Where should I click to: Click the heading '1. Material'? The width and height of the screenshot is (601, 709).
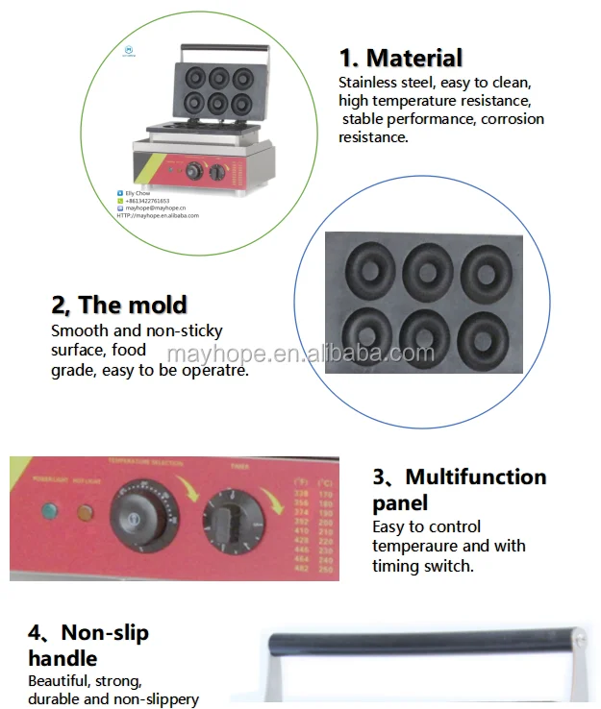click(400, 58)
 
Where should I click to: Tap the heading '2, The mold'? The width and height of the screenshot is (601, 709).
click(118, 306)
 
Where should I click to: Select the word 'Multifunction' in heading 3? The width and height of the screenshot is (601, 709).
click(475, 477)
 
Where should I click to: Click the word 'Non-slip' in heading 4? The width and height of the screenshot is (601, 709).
click(105, 633)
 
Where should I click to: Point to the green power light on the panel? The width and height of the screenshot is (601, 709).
click(45, 511)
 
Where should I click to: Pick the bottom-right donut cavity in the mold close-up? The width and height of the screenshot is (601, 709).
click(484, 332)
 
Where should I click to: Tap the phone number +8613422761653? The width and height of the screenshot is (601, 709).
click(154, 200)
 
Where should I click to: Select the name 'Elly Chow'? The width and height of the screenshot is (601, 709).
click(138, 193)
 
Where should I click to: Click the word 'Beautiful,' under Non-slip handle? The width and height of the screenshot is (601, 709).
click(61, 681)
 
